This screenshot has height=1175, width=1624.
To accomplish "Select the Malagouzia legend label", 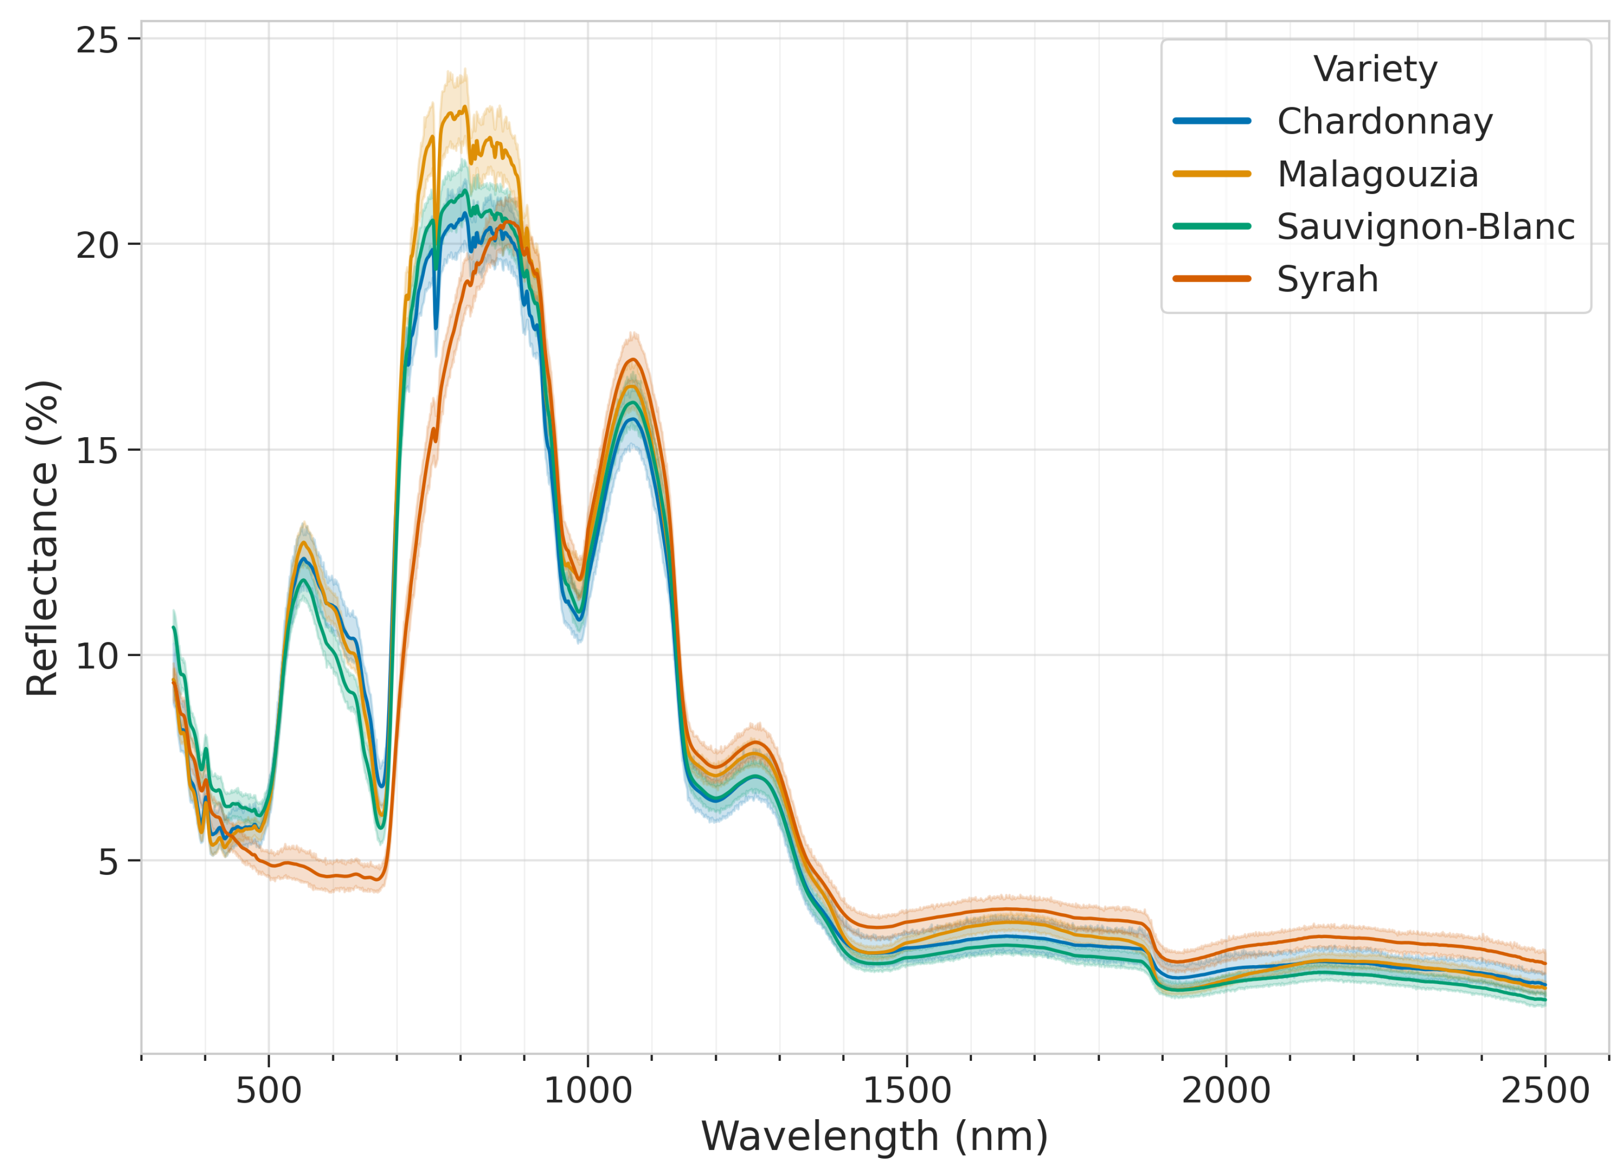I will pyautogui.click(x=1377, y=174).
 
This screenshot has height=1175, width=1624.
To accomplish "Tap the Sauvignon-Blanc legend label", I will pyautogui.click(x=1425, y=226).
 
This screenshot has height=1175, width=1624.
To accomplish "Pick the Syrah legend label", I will pyautogui.click(x=1327, y=279).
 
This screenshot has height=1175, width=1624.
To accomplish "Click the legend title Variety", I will pyautogui.click(x=1375, y=69).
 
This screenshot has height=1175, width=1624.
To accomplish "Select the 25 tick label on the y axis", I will pyautogui.click(x=97, y=40).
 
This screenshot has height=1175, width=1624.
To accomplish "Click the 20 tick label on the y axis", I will pyautogui.click(x=97, y=246).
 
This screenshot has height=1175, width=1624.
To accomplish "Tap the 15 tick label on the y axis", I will pyautogui.click(x=97, y=451).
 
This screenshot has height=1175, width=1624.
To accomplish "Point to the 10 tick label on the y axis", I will pyautogui.click(x=97, y=656).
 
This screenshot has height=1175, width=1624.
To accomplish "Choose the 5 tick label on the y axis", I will pyautogui.click(x=108, y=861).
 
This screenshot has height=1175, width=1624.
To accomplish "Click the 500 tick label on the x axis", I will pyautogui.click(x=269, y=1090).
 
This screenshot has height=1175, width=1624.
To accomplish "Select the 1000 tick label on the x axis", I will pyautogui.click(x=587, y=1090).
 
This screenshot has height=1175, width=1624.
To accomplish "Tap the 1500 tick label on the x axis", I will pyautogui.click(x=907, y=1090).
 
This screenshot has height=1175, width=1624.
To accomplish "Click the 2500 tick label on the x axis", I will pyautogui.click(x=1544, y=1090).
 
